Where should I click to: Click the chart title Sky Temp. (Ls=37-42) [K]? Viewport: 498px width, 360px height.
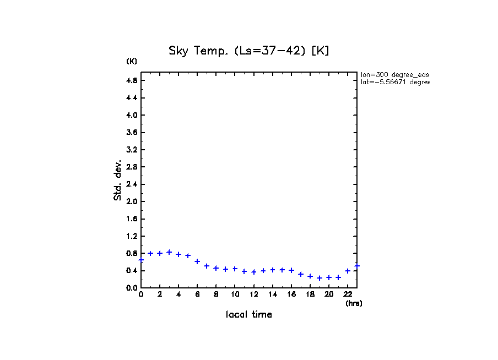pos(248,51)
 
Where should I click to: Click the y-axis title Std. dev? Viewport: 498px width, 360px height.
pos(118,180)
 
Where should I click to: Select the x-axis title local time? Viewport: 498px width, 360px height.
pos(248,315)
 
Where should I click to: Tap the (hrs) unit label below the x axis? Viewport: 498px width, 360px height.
pos(354,303)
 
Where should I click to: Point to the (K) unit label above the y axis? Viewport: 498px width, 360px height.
pos(132,61)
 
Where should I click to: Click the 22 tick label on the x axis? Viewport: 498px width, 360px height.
pos(348,294)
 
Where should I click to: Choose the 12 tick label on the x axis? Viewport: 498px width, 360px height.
pos(253,294)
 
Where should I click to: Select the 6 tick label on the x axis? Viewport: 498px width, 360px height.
pos(197,294)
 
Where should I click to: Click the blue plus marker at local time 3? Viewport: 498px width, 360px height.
pos(169,252)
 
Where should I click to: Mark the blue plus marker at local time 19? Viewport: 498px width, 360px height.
pos(320,278)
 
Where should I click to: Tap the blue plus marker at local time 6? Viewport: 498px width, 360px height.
pos(197,261)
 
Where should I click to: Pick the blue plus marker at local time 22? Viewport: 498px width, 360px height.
pos(348,271)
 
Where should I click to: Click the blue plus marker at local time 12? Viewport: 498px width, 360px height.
pos(253,272)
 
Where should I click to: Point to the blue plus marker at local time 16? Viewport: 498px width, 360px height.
pos(291,270)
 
